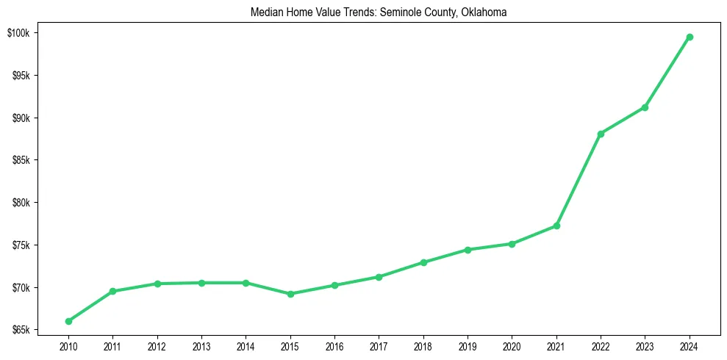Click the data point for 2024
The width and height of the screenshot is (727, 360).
[x=690, y=37]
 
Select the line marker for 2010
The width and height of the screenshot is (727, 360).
[x=68, y=321]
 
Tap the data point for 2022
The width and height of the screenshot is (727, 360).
[x=601, y=134]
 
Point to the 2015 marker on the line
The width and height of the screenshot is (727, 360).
[x=290, y=294]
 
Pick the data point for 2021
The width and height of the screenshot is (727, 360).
[x=556, y=226]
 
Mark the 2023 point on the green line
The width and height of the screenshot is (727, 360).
[x=645, y=107]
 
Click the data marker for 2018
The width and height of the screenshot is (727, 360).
[x=423, y=262]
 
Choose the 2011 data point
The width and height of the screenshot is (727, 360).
[x=112, y=292]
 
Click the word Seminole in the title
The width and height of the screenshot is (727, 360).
[x=398, y=13]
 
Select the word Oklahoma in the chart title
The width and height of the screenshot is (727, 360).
[x=484, y=13]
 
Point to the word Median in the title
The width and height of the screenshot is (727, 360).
[x=265, y=13]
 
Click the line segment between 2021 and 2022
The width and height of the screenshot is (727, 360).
[x=579, y=179]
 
